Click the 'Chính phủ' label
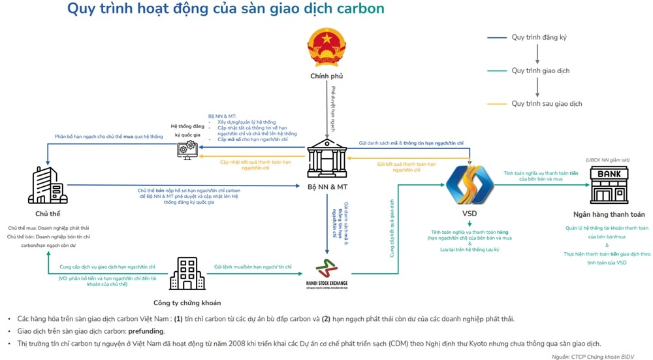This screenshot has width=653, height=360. tap(326, 76)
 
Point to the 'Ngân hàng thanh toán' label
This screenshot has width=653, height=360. tap(609, 214)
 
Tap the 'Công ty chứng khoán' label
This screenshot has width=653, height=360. tap(187, 303)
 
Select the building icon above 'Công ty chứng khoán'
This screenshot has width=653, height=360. tap(187, 273)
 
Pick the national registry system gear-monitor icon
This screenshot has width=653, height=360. tap(186, 150)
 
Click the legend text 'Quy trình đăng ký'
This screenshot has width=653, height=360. tap(539, 37)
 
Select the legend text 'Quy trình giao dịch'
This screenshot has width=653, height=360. tap(540, 71)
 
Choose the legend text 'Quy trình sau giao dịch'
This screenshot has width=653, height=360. tap(547, 103)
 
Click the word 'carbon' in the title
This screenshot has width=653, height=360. tap(360, 8)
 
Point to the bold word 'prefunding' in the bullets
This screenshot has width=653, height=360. tap(146, 331)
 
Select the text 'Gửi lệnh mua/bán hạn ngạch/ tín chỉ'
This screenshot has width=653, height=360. tap(253, 267)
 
